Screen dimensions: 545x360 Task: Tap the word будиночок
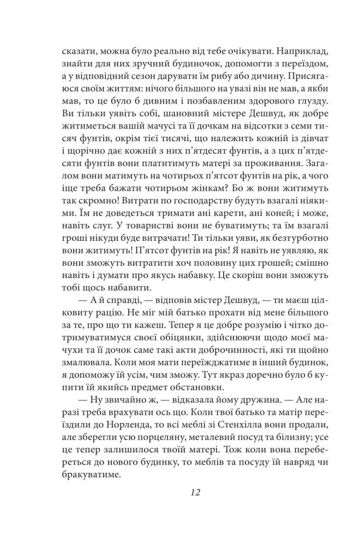[160, 70]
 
